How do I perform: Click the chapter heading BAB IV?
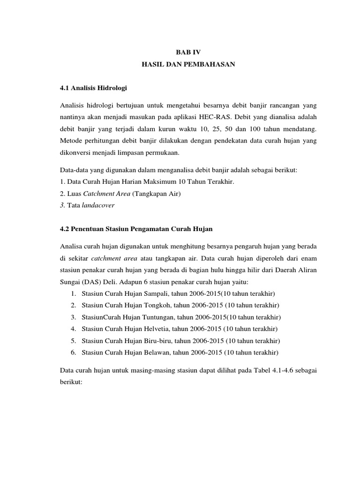187,53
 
